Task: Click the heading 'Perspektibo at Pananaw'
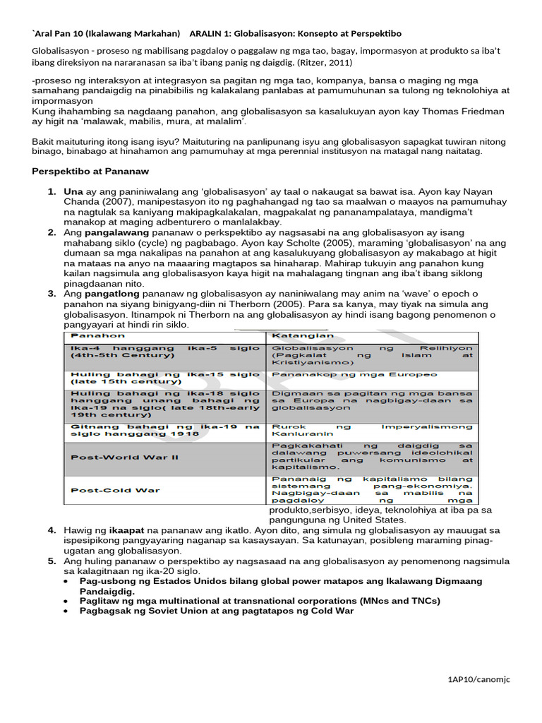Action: [x=91, y=172]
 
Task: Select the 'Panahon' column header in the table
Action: [x=94, y=335]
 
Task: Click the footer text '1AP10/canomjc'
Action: [x=478, y=679]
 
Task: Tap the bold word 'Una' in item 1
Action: [x=73, y=192]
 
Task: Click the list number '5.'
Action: [x=52, y=561]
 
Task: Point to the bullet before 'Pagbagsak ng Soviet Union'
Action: [x=65, y=611]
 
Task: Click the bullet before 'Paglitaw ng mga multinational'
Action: [x=65, y=601]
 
